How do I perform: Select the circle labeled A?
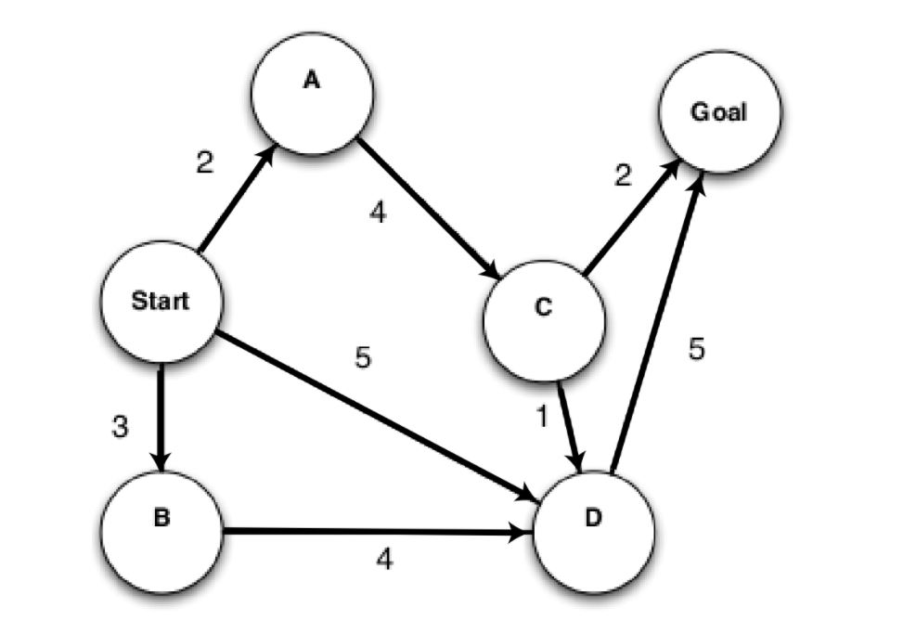pos(312,92)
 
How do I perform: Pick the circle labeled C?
pos(544,318)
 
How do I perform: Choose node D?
pos(594,531)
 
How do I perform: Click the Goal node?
pos(720,112)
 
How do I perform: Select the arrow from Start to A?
pos(236,199)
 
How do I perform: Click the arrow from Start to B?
pos(162,418)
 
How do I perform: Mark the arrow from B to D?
pos(376,533)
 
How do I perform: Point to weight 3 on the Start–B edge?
pos(119,428)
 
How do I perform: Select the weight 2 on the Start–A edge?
pos(205,162)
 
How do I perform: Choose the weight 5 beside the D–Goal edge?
pos(697,348)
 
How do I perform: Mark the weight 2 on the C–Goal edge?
pos(623,174)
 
